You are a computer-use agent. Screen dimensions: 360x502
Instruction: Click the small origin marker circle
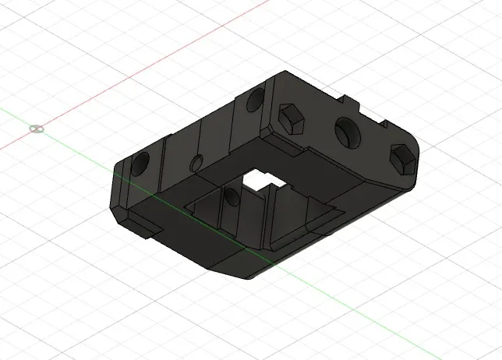36,128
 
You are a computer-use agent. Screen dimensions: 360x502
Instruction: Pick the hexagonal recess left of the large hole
291,118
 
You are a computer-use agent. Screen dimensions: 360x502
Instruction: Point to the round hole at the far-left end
141,164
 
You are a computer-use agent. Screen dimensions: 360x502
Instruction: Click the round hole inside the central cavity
231,197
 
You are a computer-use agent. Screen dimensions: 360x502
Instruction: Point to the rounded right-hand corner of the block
417,156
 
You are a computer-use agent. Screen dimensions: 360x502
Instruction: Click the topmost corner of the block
282,72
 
